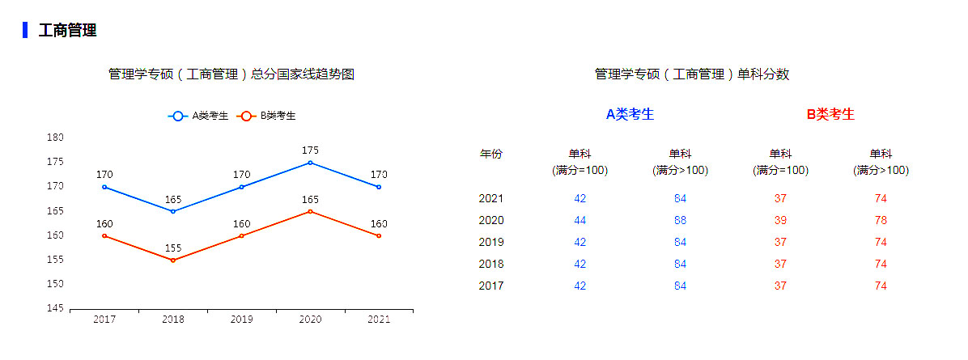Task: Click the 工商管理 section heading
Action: click(68, 31)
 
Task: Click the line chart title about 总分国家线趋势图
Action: click(231, 74)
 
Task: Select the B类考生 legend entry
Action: click(266, 116)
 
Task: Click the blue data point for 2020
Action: click(310, 163)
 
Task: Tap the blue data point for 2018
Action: click(173, 211)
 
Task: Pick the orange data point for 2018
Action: click(173, 260)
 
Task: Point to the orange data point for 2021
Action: click(379, 235)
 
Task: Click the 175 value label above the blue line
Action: click(310, 150)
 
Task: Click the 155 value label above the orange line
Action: click(173, 248)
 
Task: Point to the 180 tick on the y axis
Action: click(55, 138)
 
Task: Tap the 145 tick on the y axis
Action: click(55, 308)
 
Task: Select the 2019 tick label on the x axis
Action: click(241, 320)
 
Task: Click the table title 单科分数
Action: click(692, 74)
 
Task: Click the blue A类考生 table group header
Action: click(630, 114)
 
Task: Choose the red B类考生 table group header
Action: click(830, 114)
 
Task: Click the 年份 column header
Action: click(491, 154)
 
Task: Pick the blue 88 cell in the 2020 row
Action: click(680, 220)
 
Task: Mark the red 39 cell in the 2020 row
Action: click(780, 220)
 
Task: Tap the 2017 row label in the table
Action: click(491, 286)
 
